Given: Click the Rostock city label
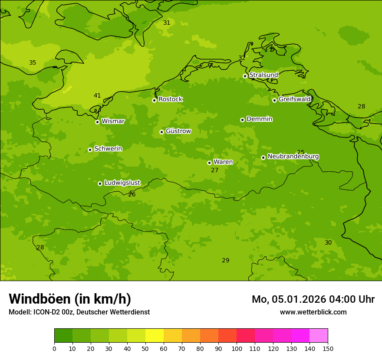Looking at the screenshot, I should (x=170, y=99).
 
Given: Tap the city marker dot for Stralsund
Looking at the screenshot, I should (x=245, y=76).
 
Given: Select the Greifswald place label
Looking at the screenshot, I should (x=294, y=99).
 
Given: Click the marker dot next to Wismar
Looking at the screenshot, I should (x=97, y=122).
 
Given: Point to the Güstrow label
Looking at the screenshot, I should (x=178, y=131).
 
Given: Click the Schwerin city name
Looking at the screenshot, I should (x=108, y=149).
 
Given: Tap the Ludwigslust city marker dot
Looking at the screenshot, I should (x=100, y=183).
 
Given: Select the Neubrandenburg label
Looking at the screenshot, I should (x=293, y=157).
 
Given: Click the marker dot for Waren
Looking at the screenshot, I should (x=209, y=163).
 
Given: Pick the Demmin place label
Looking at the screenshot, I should (x=259, y=119).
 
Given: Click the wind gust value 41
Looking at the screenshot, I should (x=97, y=96).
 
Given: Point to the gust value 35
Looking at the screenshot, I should (x=33, y=63).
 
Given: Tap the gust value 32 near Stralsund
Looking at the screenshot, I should (x=242, y=58).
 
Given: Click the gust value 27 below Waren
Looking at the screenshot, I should (x=214, y=170).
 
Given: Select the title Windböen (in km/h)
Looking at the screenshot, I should (x=70, y=299).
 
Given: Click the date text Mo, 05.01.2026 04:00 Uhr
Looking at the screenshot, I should (x=313, y=299).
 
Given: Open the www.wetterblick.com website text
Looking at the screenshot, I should (x=313, y=312).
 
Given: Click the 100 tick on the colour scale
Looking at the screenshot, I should (x=237, y=348).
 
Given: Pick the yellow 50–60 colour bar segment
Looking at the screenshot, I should (x=155, y=336).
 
